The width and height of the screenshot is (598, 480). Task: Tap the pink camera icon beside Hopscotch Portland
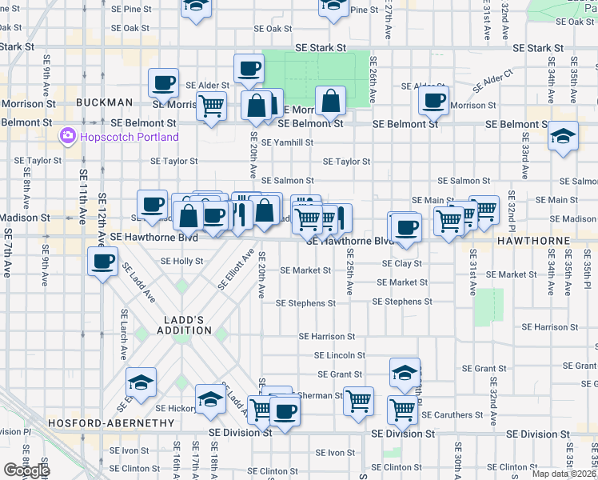66,137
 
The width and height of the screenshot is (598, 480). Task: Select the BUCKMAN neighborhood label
104,102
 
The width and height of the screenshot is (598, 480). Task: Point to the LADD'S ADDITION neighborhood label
183,324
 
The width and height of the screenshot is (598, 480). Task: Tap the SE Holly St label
181,261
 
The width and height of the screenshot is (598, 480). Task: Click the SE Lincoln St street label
339,355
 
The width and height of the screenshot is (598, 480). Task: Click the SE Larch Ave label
124,334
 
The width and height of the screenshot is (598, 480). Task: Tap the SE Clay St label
401,263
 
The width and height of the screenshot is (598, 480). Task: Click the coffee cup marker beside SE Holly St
103,261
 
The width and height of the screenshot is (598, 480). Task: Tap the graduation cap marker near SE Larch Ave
141,382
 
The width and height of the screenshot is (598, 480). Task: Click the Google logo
26,470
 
